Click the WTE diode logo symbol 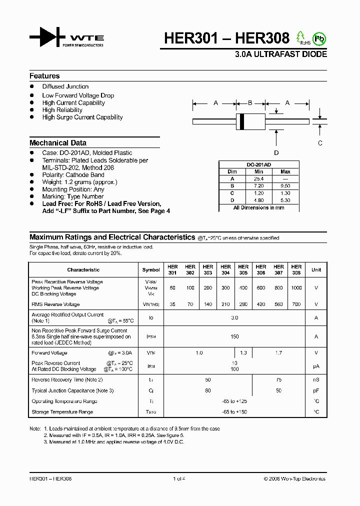[47, 37]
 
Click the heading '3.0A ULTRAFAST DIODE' [281, 54]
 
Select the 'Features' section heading [44, 76]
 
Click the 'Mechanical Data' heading [58, 142]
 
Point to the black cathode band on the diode [242, 121]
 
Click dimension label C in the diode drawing [320, 143]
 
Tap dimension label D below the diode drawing [276, 153]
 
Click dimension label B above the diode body [250, 103]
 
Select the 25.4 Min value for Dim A [258, 178]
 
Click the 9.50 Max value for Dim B [285, 185]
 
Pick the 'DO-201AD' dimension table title [258, 164]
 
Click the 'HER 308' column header [296, 269]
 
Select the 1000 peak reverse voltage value [296, 288]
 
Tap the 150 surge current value [234, 336]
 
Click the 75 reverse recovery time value [278, 380]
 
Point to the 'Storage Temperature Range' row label [62, 412]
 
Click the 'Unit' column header [316, 269]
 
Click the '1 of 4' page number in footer [179, 478]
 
